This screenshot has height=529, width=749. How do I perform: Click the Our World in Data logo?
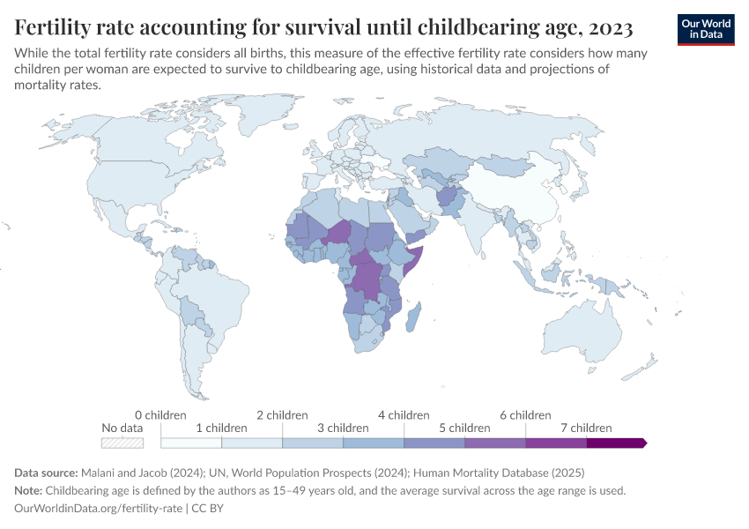tap(705, 28)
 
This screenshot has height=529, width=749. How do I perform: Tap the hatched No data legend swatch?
tap(122, 442)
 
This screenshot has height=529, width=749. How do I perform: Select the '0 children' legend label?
tap(161, 414)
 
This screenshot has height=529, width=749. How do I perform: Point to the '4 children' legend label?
tap(404, 414)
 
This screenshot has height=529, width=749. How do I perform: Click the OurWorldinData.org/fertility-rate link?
tap(99, 509)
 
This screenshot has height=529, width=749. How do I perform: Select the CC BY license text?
tap(211, 509)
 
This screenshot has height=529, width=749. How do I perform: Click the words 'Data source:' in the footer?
tap(48, 473)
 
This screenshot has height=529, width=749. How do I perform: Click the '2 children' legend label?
tap(282, 414)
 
